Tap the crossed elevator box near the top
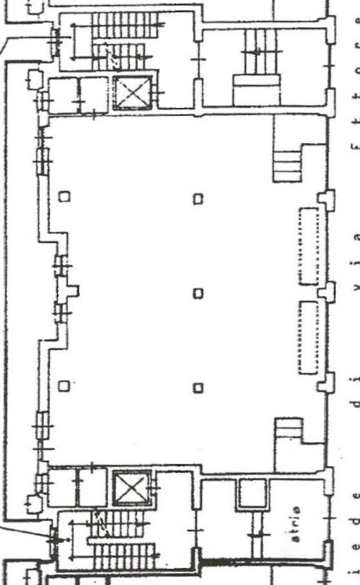point(133,93)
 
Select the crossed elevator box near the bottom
point(131,489)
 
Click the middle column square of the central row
point(198,292)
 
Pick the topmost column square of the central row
point(198,199)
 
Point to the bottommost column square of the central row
point(198,388)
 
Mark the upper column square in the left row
point(64,195)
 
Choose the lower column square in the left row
point(63,386)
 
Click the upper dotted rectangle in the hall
point(309,246)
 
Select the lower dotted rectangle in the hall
point(308,337)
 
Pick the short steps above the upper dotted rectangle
point(287,166)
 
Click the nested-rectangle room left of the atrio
point(250,495)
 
